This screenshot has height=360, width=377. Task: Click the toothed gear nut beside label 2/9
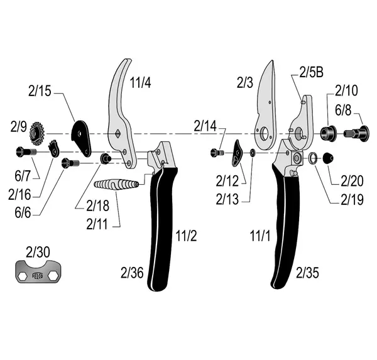tap(37, 134)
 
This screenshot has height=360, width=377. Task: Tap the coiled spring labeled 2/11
tap(116, 185)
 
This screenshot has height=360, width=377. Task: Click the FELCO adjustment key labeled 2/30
tap(38, 271)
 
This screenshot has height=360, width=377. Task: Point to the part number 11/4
tap(140, 82)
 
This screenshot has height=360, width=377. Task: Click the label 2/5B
tap(311, 72)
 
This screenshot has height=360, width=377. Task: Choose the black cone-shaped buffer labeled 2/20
tap(328, 158)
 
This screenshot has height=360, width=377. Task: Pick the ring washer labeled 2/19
tap(312, 158)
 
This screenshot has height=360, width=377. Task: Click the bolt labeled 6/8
tap(356, 133)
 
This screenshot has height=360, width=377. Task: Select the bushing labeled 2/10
tap(328, 133)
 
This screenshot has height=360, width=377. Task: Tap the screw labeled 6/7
tap(26, 152)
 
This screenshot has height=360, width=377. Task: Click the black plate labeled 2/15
tap(81, 138)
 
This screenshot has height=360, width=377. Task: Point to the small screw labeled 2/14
tap(217, 153)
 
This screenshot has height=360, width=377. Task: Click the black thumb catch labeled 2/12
tap(237, 153)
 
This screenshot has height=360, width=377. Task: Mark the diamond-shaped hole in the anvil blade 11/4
tap(118, 133)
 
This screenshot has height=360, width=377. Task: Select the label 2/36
tap(132, 273)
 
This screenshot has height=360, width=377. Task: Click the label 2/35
tap(307, 273)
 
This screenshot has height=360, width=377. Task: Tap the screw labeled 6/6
tap(70, 163)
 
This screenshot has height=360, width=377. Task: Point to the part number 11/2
tap(186, 236)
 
